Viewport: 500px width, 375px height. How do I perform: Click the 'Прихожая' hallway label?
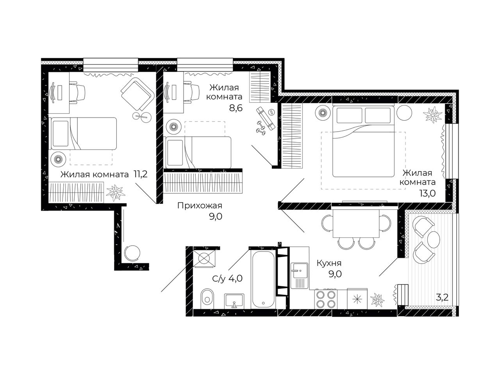point(200,206)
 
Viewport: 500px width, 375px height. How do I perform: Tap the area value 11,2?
point(141,174)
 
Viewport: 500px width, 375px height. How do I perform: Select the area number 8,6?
point(236,108)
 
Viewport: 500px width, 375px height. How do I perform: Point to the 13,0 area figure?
point(428,193)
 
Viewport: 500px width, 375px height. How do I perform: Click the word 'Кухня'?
point(329,263)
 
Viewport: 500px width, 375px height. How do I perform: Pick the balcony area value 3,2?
point(442,297)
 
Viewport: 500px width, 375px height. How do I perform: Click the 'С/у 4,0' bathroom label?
point(227,278)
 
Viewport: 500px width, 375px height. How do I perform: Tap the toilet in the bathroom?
point(207,298)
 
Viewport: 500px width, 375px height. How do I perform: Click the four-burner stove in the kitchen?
point(326,299)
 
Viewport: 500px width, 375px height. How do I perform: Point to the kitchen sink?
point(299,275)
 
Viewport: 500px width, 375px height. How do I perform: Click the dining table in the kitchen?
point(356,223)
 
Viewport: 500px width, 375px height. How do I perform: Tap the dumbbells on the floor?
point(261,128)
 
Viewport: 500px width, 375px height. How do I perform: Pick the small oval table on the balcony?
point(433,239)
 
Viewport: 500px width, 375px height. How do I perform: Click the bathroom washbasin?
point(234,300)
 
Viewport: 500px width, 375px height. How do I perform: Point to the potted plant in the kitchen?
point(377,300)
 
